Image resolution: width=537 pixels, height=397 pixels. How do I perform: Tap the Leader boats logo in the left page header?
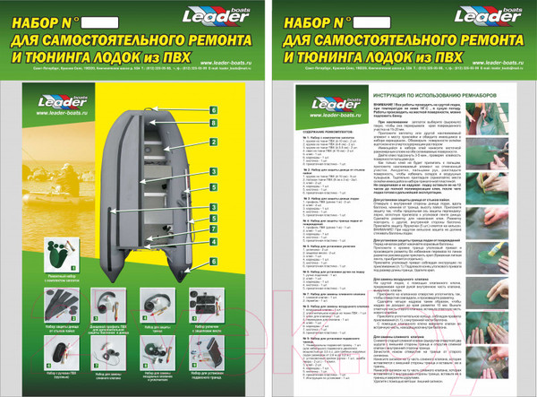pyautogui.click(x=212, y=17)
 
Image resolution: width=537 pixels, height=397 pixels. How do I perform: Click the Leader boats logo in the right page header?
pyautogui.click(x=487, y=17)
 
